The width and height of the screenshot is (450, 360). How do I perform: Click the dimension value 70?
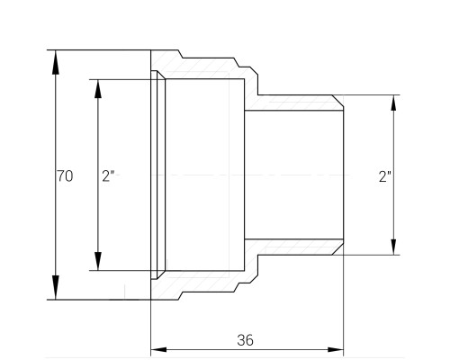coord(65,175)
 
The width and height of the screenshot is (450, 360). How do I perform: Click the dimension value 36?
coord(245,340)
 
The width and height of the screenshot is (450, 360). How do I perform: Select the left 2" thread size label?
coord(108,175)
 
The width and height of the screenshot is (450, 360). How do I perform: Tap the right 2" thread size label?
coord(385,176)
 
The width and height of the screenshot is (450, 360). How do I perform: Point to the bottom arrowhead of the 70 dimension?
coord(55,287)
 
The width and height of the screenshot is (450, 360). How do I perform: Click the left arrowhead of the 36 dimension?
coord(158,350)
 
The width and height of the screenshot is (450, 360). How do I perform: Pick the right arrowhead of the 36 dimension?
coord(336,350)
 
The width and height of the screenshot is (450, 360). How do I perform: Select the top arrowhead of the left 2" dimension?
coord(98,89)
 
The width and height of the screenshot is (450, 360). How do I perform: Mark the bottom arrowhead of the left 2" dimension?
coord(98,261)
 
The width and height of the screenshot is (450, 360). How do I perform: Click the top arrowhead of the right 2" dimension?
coord(393,103)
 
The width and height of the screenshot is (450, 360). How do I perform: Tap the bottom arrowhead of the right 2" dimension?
coord(393,247)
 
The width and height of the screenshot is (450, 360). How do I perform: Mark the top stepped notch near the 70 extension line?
coord(181,54)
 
